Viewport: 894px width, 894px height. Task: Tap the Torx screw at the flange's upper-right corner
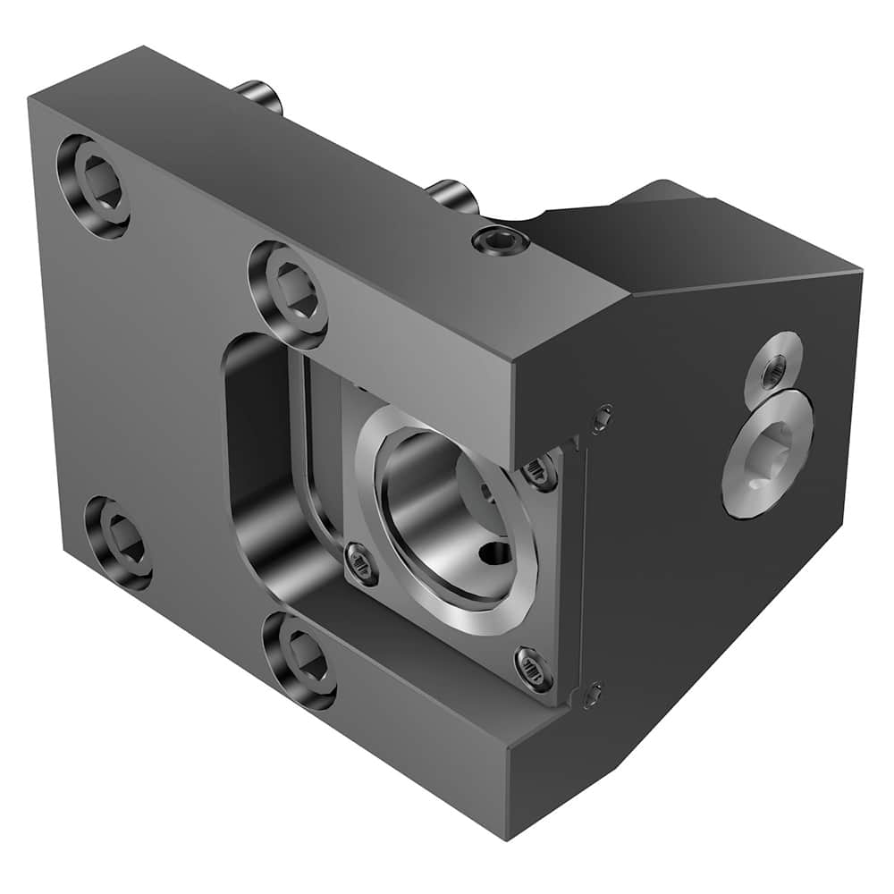click(x=541, y=471)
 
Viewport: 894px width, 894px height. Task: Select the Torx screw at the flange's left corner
click(x=361, y=563)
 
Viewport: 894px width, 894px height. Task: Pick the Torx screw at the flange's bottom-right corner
click(x=533, y=668)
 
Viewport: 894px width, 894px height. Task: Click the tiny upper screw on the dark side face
click(x=603, y=415)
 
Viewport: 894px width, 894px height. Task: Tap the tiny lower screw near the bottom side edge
click(x=592, y=693)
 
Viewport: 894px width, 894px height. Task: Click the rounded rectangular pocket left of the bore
click(x=259, y=465)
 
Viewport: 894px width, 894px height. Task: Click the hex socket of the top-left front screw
click(x=96, y=182)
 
